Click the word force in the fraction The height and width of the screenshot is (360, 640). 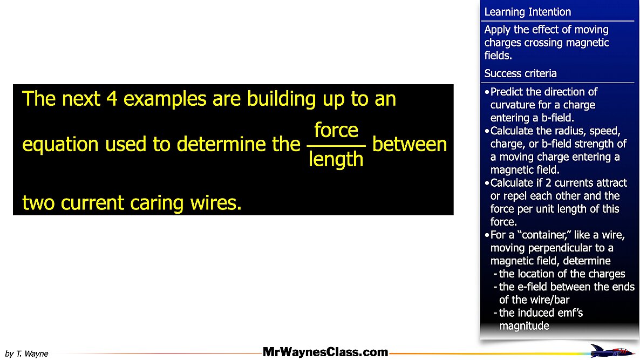tap(336, 131)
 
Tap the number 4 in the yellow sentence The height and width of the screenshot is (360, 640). tap(112, 99)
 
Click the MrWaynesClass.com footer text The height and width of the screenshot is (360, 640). tap(325, 352)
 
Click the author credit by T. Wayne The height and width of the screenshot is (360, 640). tap(26, 354)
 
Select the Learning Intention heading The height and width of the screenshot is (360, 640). tap(527, 12)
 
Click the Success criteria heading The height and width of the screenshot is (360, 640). tap(520, 73)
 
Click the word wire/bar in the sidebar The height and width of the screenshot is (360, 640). tap(552, 300)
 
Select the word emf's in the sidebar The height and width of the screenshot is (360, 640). tap(569, 313)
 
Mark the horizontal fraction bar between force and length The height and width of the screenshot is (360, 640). tap(336, 146)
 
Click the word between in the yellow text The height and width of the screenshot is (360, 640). tap(410, 145)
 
